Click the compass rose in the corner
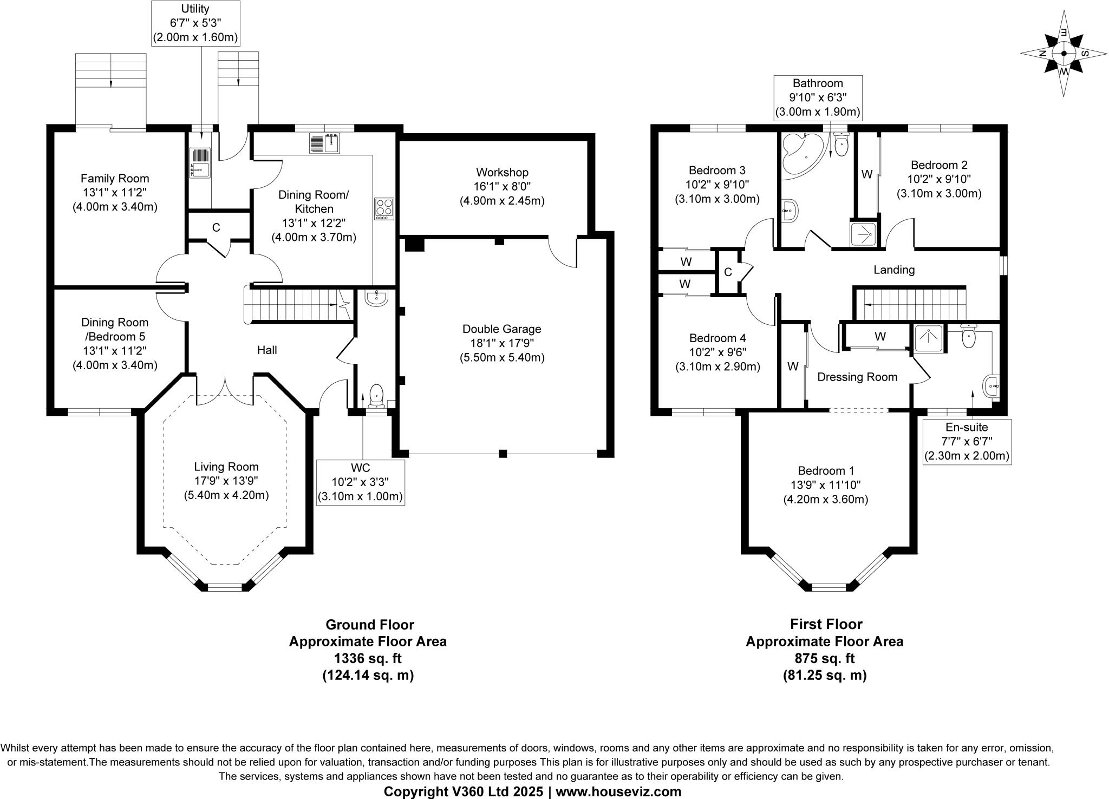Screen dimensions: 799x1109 [x=1064, y=54]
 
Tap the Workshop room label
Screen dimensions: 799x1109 [x=502, y=173]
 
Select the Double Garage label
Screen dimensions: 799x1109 [x=501, y=329]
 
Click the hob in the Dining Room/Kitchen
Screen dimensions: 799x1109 [x=384, y=209]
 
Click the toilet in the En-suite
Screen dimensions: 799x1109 [x=968, y=337]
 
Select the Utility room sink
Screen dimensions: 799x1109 [x=199, y=162]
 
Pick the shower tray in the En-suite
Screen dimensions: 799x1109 [x=929, y=339]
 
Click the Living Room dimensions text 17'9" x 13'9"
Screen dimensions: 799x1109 [x=226, y=481]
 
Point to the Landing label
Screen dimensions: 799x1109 [x=894, y=270]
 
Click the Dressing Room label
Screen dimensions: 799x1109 [x=857, y=377]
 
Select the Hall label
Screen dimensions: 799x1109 [x=267, y=350]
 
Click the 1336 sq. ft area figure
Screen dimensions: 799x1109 [x=368, y=658]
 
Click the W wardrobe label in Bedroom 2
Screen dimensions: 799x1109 [x=867, y=174]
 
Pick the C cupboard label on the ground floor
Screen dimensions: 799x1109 [x=216, y=228]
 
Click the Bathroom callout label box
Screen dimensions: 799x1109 [x=818, y=98]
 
